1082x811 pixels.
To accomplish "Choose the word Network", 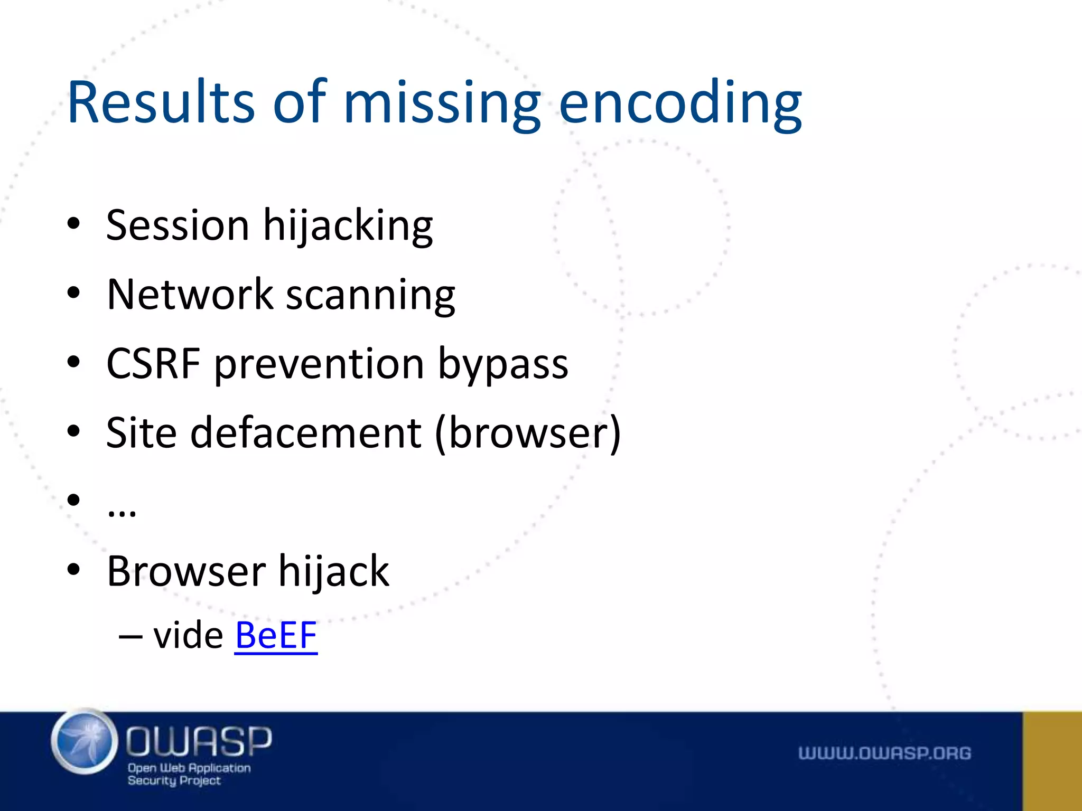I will tap(190, 294).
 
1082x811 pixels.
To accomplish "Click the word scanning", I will tap(370, 296).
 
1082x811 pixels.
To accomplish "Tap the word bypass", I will tap(503, 365).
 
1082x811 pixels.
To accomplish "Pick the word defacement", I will tap(306, 432).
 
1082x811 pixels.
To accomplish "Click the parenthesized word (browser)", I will tap(528, 433).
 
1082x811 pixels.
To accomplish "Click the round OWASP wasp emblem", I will tap(85, 742).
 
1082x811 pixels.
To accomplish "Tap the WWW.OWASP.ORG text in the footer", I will tap(884, 753).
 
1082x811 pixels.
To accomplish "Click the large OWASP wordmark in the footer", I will tap(199, 740).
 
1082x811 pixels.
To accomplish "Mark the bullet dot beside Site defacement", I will tap(73, 431).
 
